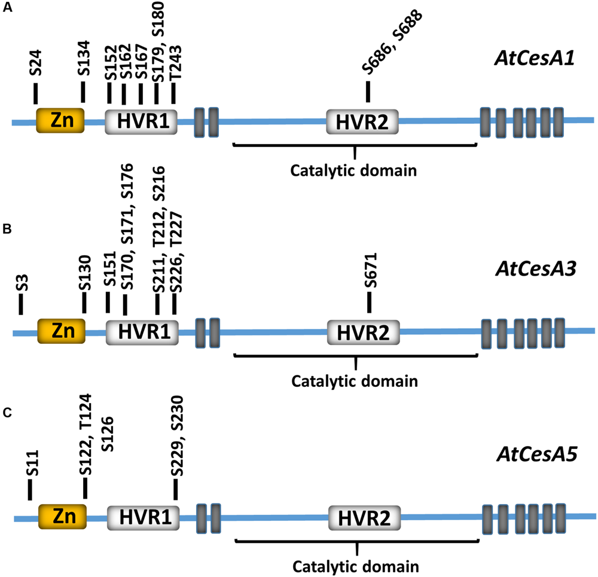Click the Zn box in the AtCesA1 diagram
(x=60, y=121)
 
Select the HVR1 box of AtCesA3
(x=142, y=330)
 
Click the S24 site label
(x=36, y=65)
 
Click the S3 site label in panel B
(x=22, y=283)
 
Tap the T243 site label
(x=175, y=62)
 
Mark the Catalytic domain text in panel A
(x=353, y=171)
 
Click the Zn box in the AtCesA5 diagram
(x=62, y=516)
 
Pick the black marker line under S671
(x=370, y=303)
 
